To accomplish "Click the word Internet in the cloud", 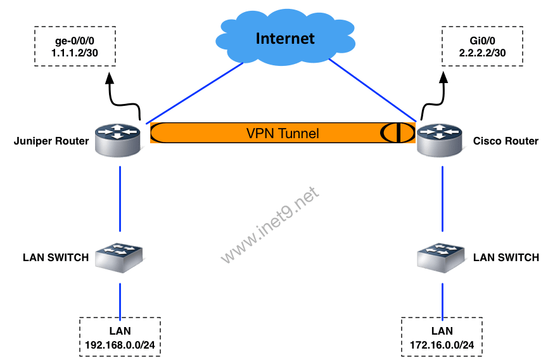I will pos(284,39).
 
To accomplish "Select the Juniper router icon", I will pos(119,139).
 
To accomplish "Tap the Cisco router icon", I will pos(440,140).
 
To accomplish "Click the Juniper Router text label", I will pos(51,141).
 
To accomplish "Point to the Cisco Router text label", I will pos(506,141).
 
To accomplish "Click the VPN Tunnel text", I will pos(282,134).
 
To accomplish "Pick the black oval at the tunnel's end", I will pos(393,133).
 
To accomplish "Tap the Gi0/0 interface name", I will pos(483,42).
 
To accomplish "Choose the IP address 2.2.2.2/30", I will pos(483,54).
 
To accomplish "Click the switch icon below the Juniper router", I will pos(119,257).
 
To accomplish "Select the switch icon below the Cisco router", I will pos(442,257).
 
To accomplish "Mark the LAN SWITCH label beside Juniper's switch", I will pos(56,257).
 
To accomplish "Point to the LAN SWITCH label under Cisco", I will pos(506,257).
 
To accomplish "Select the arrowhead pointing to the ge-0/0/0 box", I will pos(110,77).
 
